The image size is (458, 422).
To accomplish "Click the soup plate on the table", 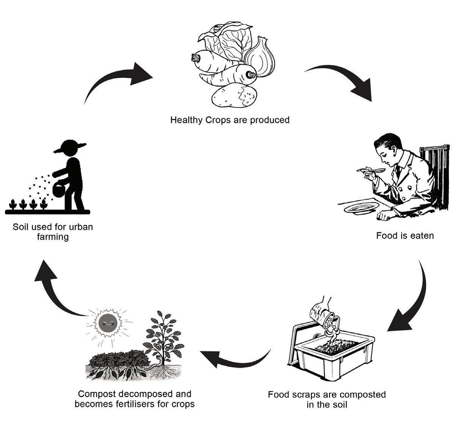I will click(x=361, y=208).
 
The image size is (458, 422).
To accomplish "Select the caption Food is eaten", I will click(x=404, y=236).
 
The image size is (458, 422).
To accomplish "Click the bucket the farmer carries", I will click(x=59, y=190).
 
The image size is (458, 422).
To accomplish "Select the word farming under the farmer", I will click(x=53, y=237).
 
